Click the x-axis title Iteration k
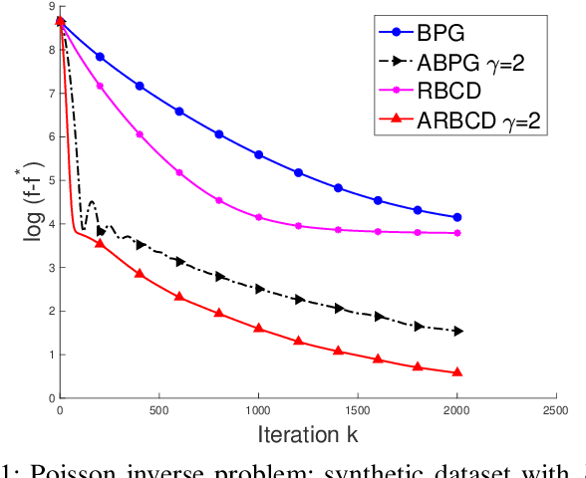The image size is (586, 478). click(308, 436)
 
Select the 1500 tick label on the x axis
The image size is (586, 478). click(358, 410)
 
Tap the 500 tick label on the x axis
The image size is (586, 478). click(159, 410)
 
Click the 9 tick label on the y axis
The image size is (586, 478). click(50, 8)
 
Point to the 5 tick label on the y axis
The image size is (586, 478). click(50, 181)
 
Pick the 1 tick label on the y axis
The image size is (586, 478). click(50, 355)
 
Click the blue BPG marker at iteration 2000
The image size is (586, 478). click(457, 217)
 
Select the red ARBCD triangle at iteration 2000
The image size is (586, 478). click(457, 372)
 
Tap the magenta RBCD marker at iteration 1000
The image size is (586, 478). click(259, 217)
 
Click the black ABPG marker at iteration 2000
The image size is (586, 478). click(457, 331)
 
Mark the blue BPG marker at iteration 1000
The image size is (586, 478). click(259, 154)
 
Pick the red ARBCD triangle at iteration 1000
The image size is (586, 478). click(259, 328)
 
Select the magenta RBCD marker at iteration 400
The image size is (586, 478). click(140, 134)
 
